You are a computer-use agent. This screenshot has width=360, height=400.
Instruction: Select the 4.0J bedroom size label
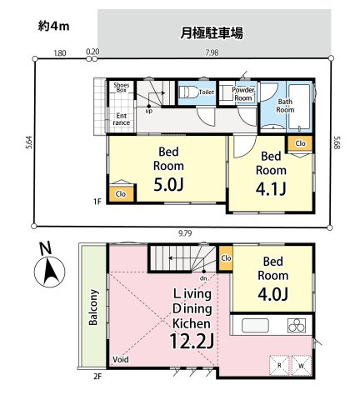click(x=272, y=293)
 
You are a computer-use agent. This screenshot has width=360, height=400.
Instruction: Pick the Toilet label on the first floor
click(x=206, y=92)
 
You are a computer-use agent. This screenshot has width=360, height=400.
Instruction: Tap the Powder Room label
click(x=243, y=93)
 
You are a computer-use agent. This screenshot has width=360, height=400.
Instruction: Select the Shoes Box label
click(x=121, y=87)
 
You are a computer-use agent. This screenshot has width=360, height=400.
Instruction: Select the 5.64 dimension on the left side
click(x=28, y=142)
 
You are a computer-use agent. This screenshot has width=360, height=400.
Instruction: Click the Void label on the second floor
click(x=121, y=360)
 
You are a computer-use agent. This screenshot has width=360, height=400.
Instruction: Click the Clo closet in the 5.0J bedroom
click(x=121, y=193)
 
